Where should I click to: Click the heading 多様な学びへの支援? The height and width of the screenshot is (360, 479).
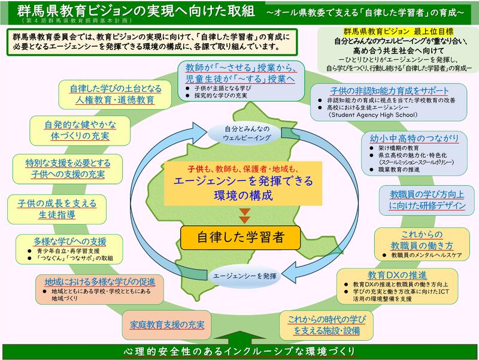point(70,241)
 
